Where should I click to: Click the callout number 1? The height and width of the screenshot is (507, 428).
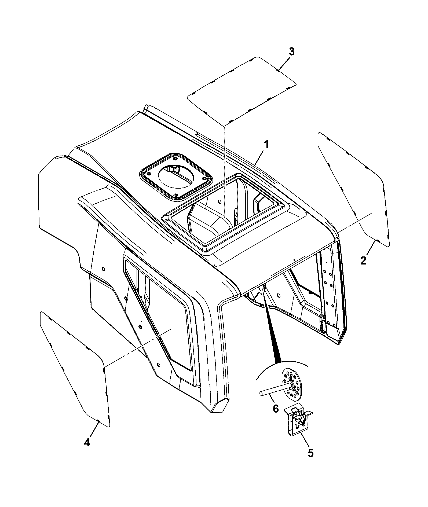click(x=266, y=145)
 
